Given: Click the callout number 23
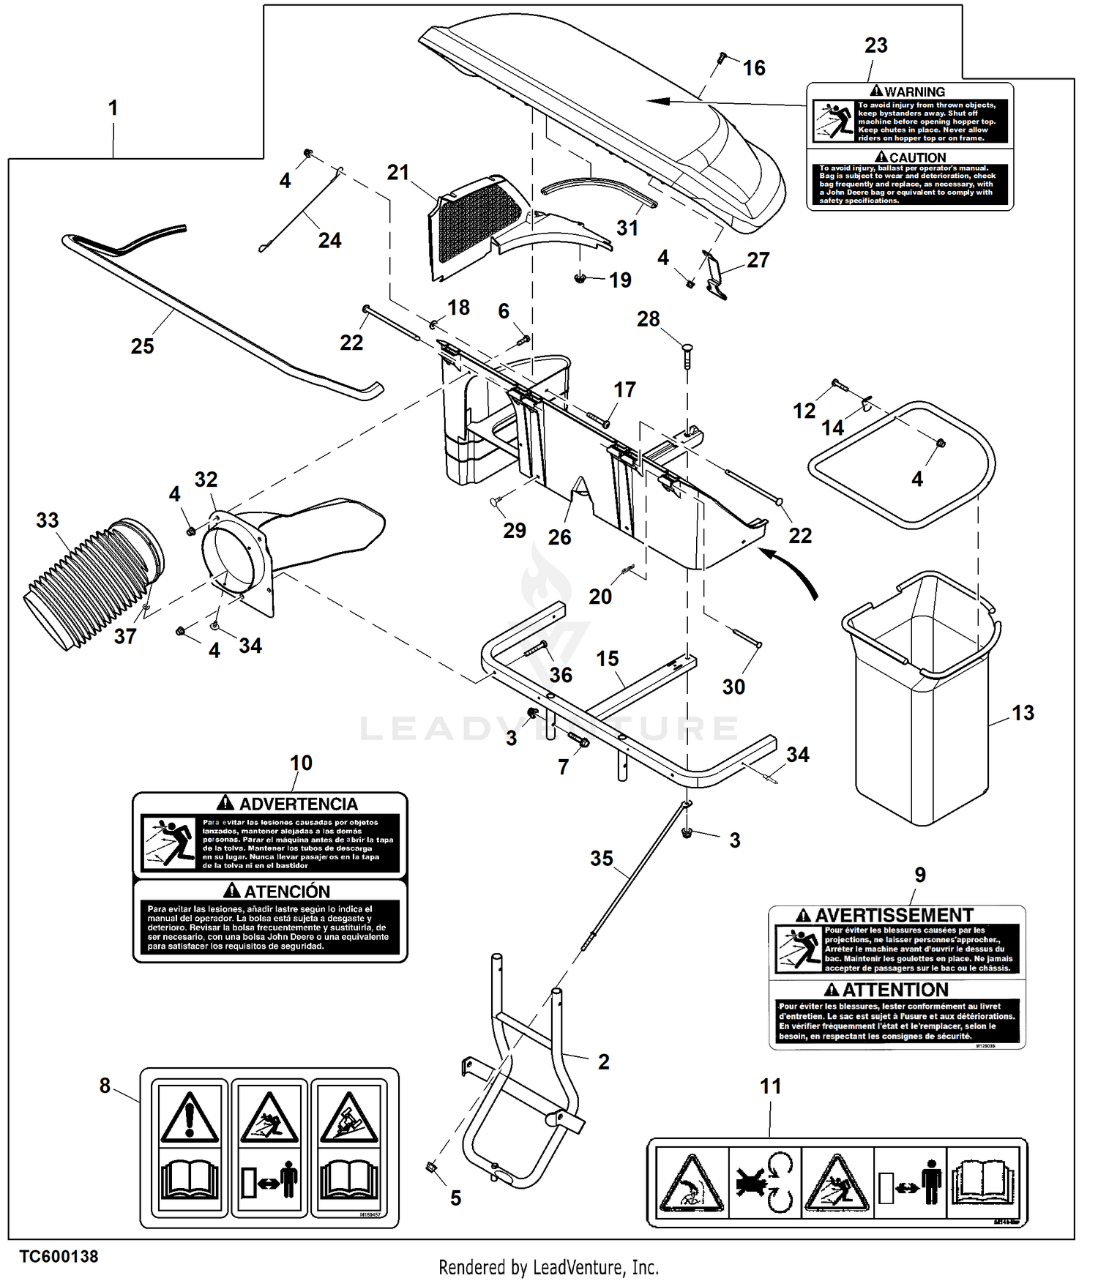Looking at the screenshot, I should pyautogui.click(x=875, y=45).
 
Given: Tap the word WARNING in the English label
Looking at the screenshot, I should pyautogui.click(x=914, y=92).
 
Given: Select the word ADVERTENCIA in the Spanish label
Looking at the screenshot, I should pyautogui.click(x=298, y=804).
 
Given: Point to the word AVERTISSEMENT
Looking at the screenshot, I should pyautogui.click(x=894, y=916).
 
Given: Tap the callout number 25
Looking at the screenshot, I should pyautogui.click(x=142, y=346).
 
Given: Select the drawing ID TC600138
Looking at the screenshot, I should pyautogui.click(x=59, y=1256).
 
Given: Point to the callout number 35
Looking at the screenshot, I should pyautogui.click(x=601, y=858).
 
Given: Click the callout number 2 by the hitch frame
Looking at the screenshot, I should pyautogui.click(x=603, y=1061).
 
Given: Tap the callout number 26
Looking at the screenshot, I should pyautogui.click(x=559, y=537).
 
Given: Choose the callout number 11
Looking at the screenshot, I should pyautogui.click(x=770, y=1086).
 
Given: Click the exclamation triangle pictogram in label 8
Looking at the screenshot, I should pyautogui.click(x=190, y=1117).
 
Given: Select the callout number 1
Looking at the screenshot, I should pyautogui.click(x=113, y=108).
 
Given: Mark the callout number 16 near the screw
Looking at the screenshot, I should pyautogui.click(x=754, y=68).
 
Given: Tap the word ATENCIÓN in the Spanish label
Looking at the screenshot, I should pyautogui.click(x=286, y=892).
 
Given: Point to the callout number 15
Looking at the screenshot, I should pyautogui.click(x=607, y=659).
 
